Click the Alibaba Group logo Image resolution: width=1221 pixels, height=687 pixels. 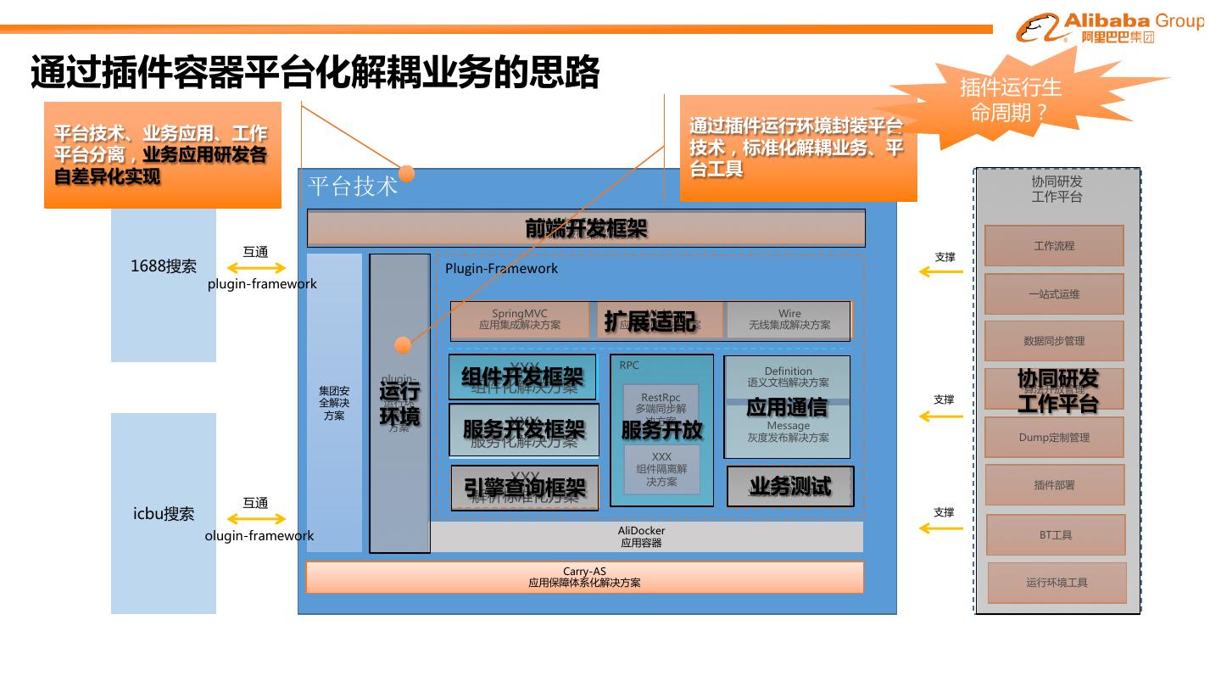(x=1108, y=28)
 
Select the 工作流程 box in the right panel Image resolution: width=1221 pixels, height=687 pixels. (x=1054, y=246)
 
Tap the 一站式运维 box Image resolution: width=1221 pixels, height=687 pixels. (x=1054, y=294)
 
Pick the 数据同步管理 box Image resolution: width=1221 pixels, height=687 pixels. (x=1054, y=341)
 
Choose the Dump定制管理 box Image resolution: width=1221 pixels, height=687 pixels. (x=1054, y=438)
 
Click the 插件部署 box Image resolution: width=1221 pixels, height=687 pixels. (x=1054, y=485)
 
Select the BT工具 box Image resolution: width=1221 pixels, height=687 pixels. (x=1056, y=535)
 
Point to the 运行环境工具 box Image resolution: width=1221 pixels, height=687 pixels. (x=1057, y=583)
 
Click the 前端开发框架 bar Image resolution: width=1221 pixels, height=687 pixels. (x=586, y=228)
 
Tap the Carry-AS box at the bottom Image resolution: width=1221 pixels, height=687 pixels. (x=584, y=577)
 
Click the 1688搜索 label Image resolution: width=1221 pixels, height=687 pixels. (x=164, y=266)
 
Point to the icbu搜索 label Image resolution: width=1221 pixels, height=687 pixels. (x=164, y=514)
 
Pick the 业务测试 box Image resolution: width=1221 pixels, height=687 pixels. (x=790, y=486)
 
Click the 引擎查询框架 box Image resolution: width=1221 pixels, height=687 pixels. (x=524, y=488)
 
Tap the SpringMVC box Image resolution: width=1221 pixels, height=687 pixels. (x=520, y=320)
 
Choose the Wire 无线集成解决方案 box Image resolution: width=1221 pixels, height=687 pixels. (x=789, y=320)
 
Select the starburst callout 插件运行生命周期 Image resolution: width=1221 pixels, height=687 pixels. (x=1010, y=99)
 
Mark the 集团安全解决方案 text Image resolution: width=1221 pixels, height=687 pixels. (x=334, y=403)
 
